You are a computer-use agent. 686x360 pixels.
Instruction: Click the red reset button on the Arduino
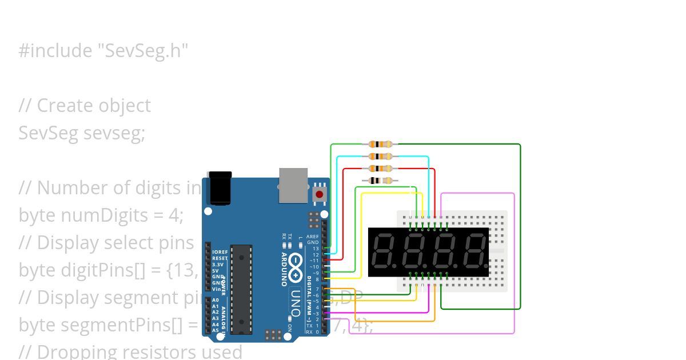pyautogui.click(x=319, y=194)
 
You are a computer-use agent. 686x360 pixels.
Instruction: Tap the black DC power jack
pyautogui.click(x=220, y=188)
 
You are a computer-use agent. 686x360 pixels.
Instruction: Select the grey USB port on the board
pyautogui.click(x=293, y=185)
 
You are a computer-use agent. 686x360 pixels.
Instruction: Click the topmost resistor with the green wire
pyautogui.click(x=381, y=144)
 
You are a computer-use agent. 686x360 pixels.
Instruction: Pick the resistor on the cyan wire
pyautogui.click(x=381, y=156)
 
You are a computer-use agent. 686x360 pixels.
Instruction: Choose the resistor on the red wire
pyautogui.click(x=381, y=169)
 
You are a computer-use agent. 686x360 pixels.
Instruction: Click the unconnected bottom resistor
pyautogui.click(x=381, y=181)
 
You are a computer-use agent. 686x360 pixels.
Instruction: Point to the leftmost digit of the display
pyautogui.click(x=382, y=252)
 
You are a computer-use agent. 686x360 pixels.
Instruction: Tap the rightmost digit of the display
pyautogui.click(x=475, y=252)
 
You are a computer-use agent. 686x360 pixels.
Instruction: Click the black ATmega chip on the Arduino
pyautogui.click(x=241, y=289)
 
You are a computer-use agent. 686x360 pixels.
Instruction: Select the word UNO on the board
pyautogui.click(x=296, y=303)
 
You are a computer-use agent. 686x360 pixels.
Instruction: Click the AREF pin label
pyautogui.click(x=313, y=236)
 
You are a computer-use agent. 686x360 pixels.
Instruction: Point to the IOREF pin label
pyautogui.click(x=220, y=252)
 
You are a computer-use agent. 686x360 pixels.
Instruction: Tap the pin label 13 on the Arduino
pyautogui.click(x=316, y=249)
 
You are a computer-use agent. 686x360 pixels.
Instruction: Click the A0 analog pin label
pyautogui.click(x=216, y=300)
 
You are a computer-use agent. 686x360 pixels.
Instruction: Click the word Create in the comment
pyautogui.click(x=63, y=106)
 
